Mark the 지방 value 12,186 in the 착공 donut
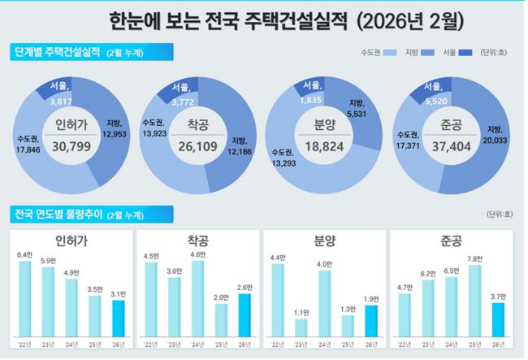tap(240, 153)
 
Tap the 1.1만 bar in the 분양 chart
tap(301, 327)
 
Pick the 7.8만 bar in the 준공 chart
tap(475, 301)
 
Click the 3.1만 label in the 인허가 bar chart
tap(118, 294)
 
